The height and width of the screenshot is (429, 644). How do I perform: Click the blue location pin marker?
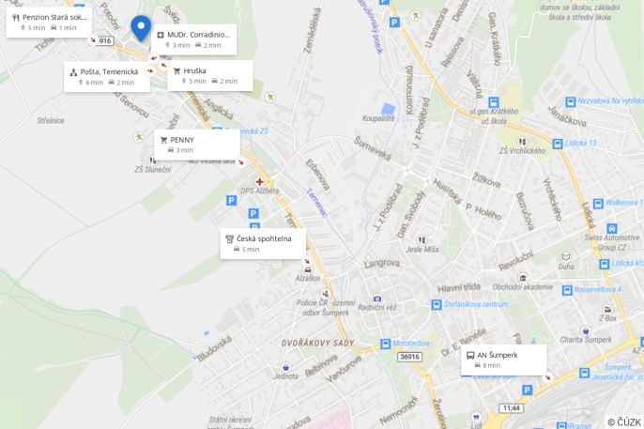(x=140, y=27)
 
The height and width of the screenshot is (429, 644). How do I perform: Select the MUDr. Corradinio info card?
(x=192, y=39)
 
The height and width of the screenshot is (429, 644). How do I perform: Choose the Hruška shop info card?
(x=209, y=75)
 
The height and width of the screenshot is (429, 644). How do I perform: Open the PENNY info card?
(x=196, y=145)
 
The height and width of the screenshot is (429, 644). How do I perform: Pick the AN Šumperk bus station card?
(x=503, y=360)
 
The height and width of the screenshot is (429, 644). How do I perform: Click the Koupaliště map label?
(x=379, y=118)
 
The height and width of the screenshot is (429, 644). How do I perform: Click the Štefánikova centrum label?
(x=476, y=304)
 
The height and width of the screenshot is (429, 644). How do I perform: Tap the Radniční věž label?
(x=376, y=307)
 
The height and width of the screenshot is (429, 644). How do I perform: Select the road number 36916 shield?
(x=409, y=357)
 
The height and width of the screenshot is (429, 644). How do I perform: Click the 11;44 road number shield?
(x=511, y=407)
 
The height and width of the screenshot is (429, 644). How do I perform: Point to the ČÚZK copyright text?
(x=624, y=421)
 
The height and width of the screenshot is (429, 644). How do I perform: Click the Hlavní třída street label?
(x=459, y=287)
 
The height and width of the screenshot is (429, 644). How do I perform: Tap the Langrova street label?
(x=381, y=263)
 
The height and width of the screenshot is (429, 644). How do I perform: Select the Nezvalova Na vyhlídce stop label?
(x=610, y=100)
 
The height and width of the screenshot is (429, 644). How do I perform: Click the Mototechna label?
(x=410, y=343)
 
